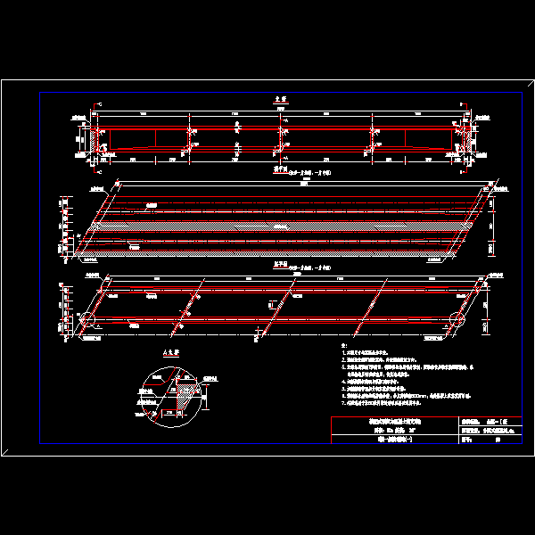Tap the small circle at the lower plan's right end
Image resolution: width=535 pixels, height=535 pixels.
point(459,319)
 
